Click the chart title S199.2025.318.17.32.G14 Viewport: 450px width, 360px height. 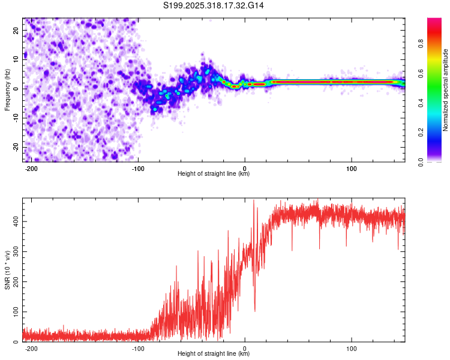point(214,5)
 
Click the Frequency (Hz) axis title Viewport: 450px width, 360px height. point(7,89)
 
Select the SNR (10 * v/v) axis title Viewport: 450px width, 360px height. point(7,269)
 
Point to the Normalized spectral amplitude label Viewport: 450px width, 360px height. point(446,89)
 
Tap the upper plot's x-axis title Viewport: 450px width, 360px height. point(214,173)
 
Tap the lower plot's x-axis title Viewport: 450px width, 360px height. point(214,353)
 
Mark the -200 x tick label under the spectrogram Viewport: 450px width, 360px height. point(31,167)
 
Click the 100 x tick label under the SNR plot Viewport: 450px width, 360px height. point(352,347)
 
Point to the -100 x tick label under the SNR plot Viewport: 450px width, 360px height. point(138,347)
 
